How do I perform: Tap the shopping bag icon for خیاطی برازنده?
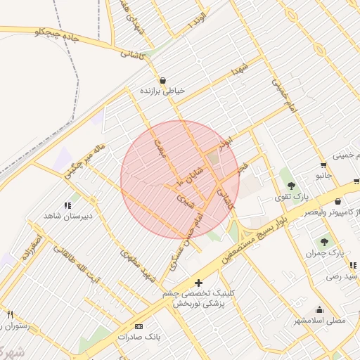tap(163, 80)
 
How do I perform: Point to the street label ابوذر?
tap(224, 142)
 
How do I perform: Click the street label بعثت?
tap(160, 148)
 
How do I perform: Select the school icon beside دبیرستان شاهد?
tap(67, 205)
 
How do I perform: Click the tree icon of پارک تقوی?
tap(291, 186)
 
